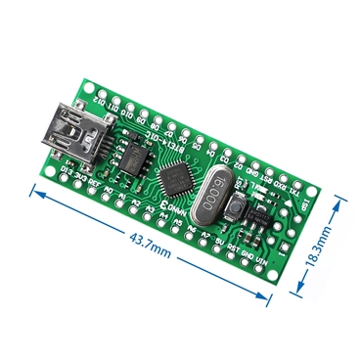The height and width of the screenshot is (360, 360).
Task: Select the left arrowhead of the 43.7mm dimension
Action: coord(34,194)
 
